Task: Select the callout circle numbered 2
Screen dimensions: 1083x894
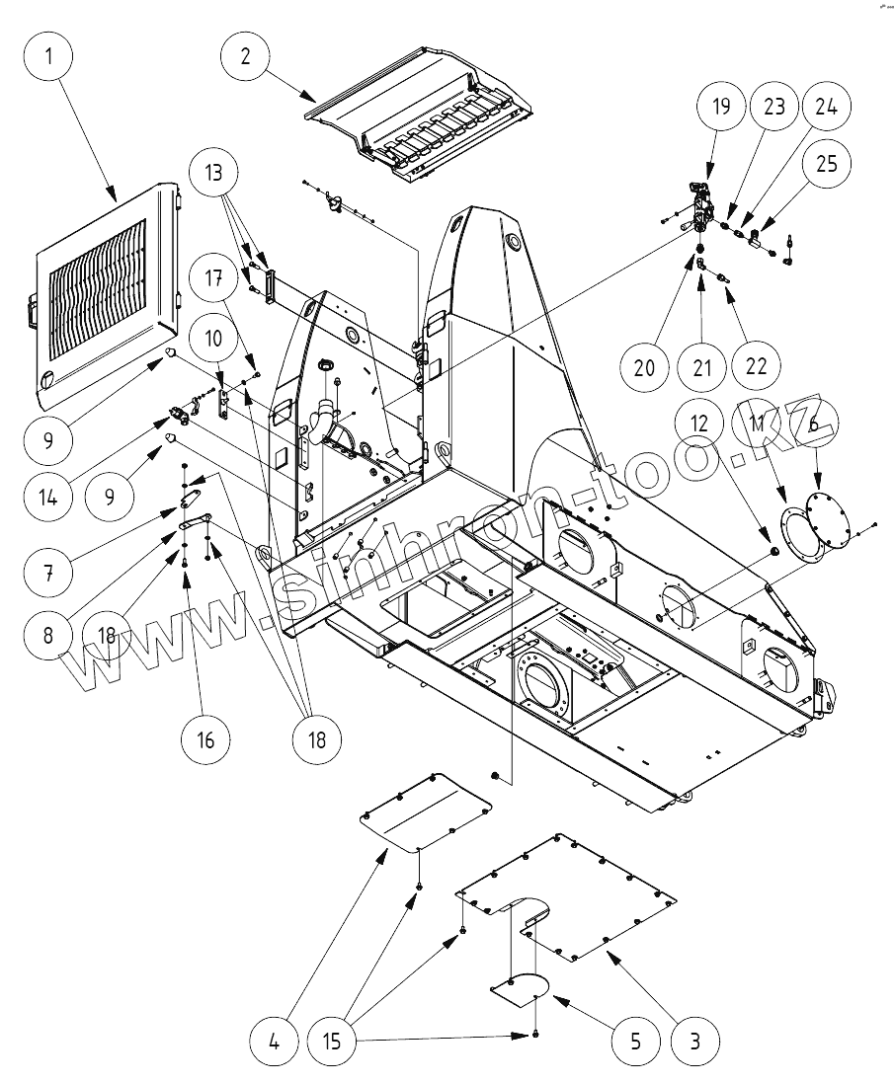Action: click(245, 56)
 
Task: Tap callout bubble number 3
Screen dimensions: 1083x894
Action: click(694, 1040)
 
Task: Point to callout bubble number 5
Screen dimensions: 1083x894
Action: click(633, 1040)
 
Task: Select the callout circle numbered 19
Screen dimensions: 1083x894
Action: click(722, 107)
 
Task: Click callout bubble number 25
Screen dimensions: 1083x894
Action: click(826, 164)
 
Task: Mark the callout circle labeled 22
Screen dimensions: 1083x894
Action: click(756, 366)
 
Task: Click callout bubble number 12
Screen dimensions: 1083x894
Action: click(699, 423)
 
